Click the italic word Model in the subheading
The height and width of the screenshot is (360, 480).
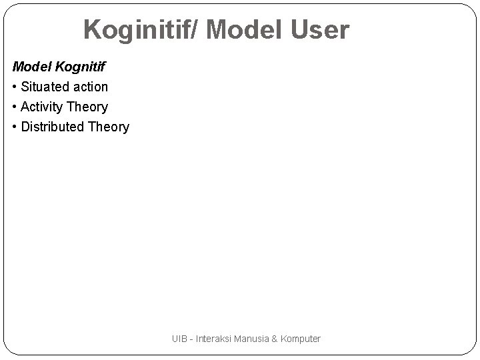click(x=31, y=67)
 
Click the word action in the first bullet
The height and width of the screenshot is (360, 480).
click(x=91, y=87)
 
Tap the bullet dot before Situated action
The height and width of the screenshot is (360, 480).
click(x=15, y=87)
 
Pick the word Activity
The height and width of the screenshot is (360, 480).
click(x=43, y=107)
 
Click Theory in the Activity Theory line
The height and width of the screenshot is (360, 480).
click(x=89, y=107)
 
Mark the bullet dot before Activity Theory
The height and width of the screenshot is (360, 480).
click(x=15, y=107)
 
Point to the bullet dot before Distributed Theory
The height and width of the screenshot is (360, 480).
click(x=15, y=127)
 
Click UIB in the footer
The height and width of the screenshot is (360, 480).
click(x=179, y=339)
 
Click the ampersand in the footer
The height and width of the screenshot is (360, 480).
click(x=275, y=339)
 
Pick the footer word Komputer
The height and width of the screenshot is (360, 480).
click(x=301, y=339)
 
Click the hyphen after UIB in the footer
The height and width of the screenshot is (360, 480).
click(x=192, y=339)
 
